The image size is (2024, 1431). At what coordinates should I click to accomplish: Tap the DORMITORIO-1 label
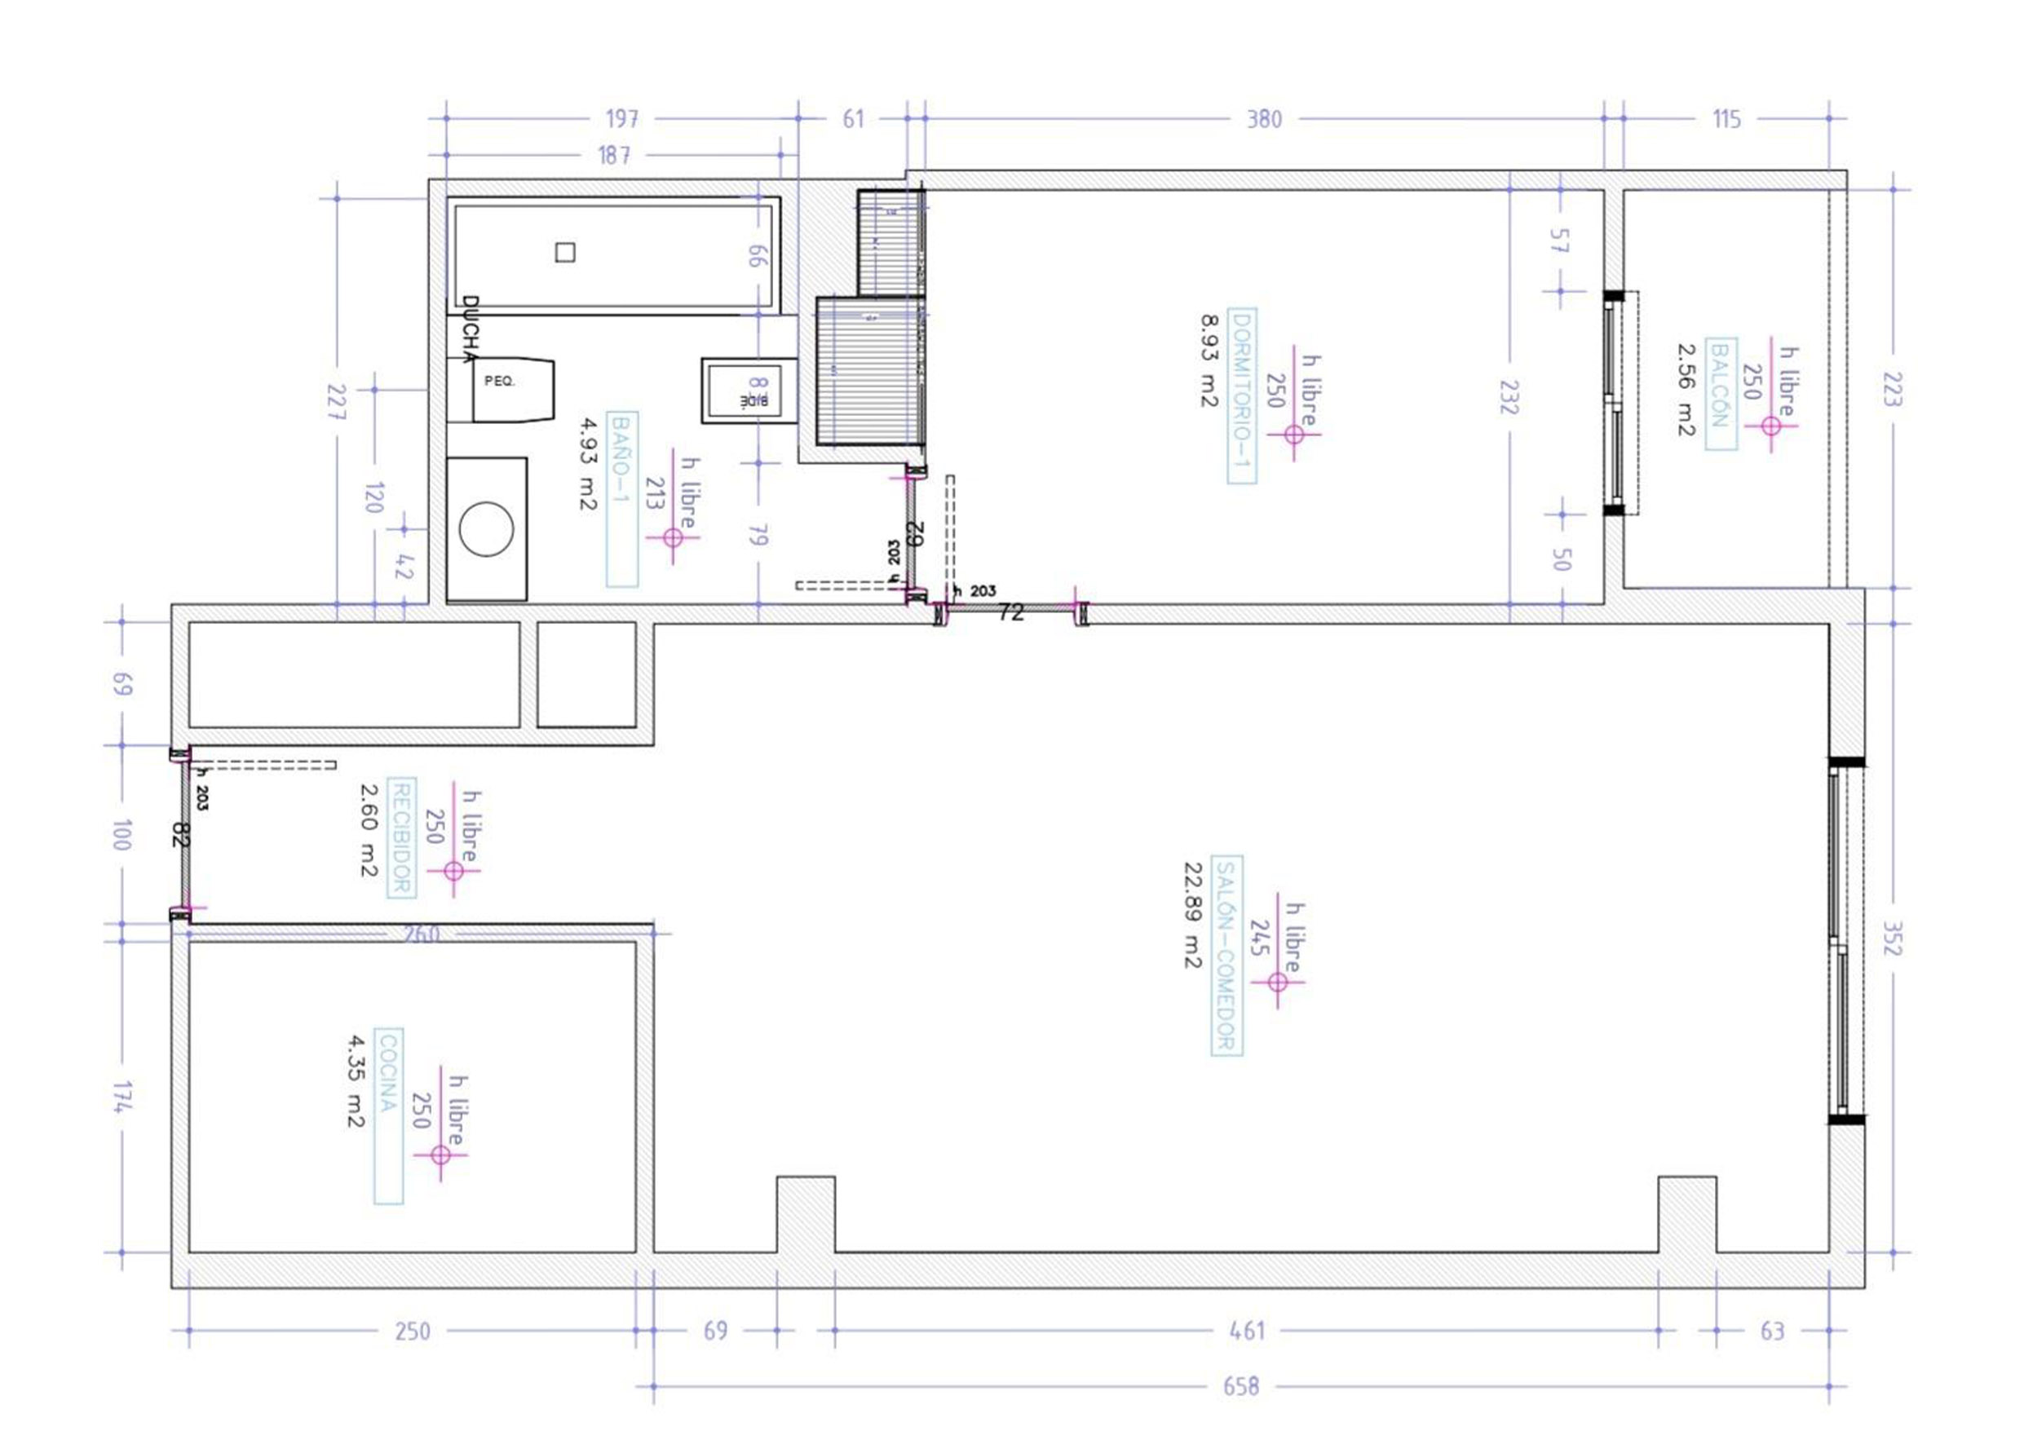tap(1241, 396)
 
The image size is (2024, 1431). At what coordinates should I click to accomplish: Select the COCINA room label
tap(388, 1115)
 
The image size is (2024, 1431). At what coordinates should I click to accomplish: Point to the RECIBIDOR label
tap(401, 838)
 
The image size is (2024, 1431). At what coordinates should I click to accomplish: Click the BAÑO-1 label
tap(621, 499)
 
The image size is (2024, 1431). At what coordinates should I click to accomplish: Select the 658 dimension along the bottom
tap(1240, 1387)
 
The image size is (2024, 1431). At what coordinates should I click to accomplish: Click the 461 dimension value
tap(1247, 1331)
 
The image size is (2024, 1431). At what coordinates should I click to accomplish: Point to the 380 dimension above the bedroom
tap(1263, 119)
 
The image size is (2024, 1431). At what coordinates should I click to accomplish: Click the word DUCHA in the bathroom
tap(471, 329)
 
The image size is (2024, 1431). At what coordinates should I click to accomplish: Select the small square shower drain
tap(565, 253)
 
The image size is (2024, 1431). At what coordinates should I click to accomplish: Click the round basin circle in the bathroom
tap(487, 529)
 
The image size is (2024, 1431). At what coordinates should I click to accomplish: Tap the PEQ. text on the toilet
tap(499, 382)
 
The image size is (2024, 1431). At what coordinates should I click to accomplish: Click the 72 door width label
tap(1010, 612)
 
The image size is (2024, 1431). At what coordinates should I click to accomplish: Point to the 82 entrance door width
tap(180, 834)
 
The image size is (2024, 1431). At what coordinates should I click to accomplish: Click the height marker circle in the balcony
tap(1771, 426)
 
